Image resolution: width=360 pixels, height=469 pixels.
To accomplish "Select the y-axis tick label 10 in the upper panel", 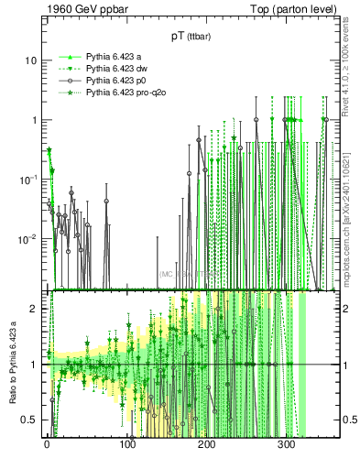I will (30, 60).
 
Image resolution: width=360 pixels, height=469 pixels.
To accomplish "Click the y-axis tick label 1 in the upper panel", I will (33, 120).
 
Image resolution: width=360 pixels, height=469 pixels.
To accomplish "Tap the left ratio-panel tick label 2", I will (33, 309).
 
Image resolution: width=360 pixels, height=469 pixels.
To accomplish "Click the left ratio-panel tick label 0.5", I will (28, 420).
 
